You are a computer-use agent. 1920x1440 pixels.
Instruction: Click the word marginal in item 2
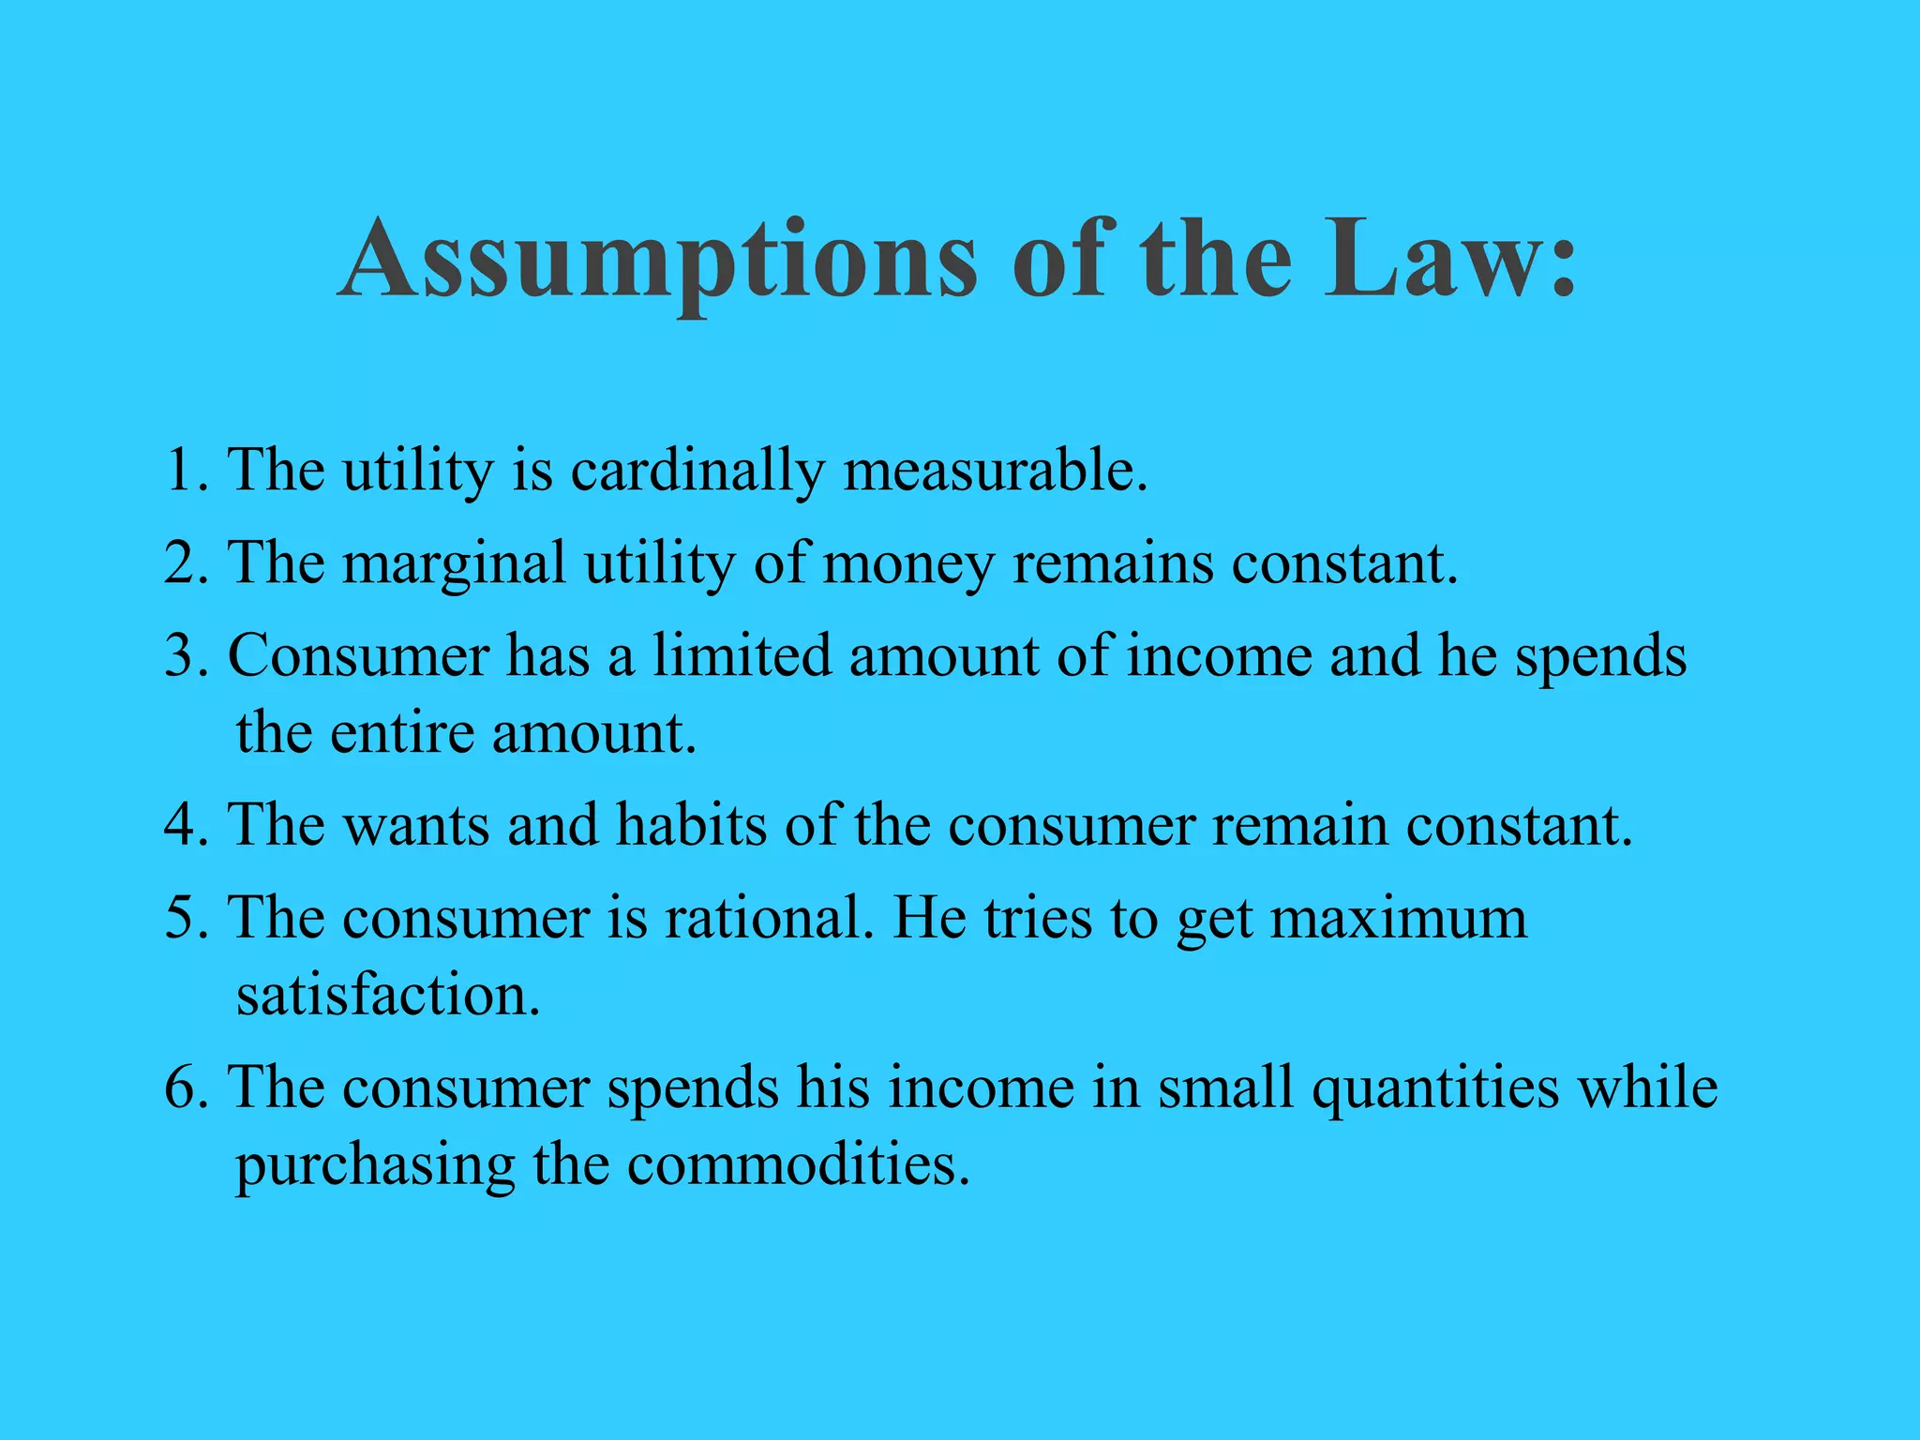point(454,564)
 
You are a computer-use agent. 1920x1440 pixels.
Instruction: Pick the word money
point(907,564)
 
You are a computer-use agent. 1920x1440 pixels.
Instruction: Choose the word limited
point(742,655)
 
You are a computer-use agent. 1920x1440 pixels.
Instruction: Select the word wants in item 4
point(415,826)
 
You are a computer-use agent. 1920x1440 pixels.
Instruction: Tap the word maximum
point(1399,918)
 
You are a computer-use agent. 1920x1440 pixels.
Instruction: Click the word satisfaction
point(388,996)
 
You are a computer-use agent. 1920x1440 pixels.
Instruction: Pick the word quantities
point(1434,1088)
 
